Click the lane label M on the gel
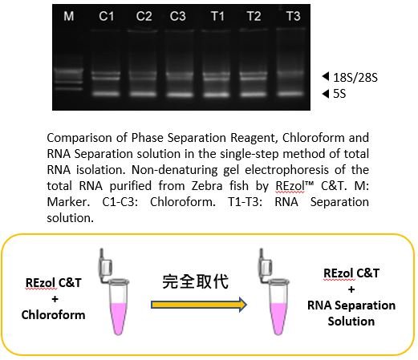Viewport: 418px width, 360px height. pyautogui.click(x=69, y=16)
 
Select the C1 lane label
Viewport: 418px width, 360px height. pyautogui.click(x=107, y=16)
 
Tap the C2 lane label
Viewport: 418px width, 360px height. pyautogui.click(x=144, y=16)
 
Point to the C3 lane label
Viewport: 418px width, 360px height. pyautogui.click(x=178, y=16)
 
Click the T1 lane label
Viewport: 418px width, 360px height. pyautogui.click(x=217, y=16)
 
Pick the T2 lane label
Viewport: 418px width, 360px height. pyautogui.click(x=254, y=16)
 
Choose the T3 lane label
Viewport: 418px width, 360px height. pyautogui.click(x=294, y=16)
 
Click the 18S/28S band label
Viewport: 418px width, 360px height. pyautogui.click(x=355, y=78)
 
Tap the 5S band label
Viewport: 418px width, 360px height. pyautogui.click(x=339, y=94)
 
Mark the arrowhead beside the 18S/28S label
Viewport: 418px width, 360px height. pyautogui.click(x=326, y=76)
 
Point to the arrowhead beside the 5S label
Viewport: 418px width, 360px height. pyautogui.click(x=326, y=94)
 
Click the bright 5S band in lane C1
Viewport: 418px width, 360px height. pyautogui.click(x=106, y=94)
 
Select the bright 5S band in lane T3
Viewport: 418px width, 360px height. pyautogui.click(x=290, y=94)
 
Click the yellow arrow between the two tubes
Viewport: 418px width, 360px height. pyautogui.click(x=199, y=305)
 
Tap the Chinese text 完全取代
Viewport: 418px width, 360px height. pyautogui.click(x=196, y=281)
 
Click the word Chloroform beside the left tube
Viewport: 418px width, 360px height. pyautogui.click(x=54, y=315)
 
